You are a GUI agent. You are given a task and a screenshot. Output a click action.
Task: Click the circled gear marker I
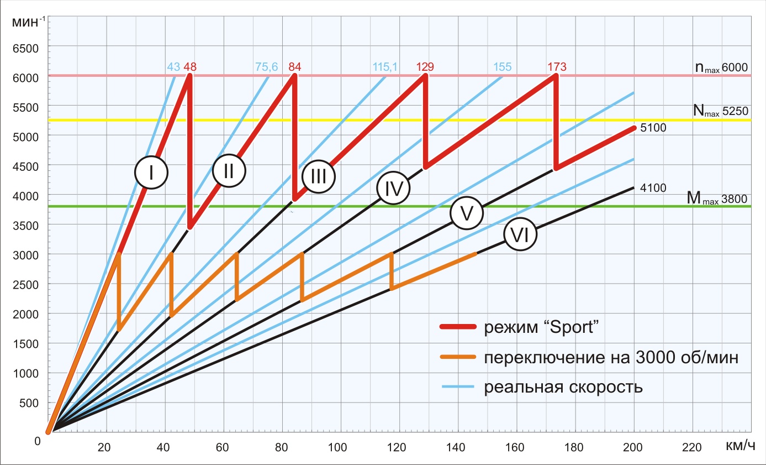point(151,173)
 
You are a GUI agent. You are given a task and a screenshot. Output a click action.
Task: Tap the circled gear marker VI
point(520,236)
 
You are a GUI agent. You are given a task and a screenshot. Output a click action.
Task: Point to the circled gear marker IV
point(393,189)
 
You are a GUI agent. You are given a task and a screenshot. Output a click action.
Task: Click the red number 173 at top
point(556,67)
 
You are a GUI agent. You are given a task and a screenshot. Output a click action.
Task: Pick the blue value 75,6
point(267,67)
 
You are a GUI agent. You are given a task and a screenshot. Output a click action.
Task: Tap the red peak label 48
point(190,67)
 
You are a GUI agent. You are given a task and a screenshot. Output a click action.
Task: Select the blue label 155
point(503,67)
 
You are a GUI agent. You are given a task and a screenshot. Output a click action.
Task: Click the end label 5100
point(653,128)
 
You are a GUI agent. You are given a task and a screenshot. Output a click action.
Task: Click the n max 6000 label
point(721,68)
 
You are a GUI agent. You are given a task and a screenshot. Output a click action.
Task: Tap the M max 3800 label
point(717,197)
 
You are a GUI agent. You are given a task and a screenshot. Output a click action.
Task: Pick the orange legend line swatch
point(458,357)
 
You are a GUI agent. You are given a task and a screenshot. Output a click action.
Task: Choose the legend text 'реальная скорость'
point(563,386)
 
